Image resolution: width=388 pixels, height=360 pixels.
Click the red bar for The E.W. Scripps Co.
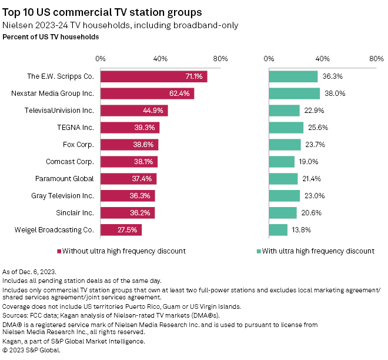pyautogui.click(x=153, y=76)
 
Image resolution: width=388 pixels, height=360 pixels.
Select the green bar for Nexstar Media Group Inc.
pyautogui.click(x=294, y=94)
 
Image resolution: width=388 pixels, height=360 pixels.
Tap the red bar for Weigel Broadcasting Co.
pyautogui.click(x=121, y=230)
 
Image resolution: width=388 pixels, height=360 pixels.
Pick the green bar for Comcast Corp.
pyautogui.click(x=282, y=162)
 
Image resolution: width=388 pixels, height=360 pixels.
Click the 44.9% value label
pyautogui.click(x=156, y=111)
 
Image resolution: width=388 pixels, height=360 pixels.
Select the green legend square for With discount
pyautogui.click(x=259, y=251)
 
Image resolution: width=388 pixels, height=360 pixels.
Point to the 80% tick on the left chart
pyautogui.click(x=220, y=59)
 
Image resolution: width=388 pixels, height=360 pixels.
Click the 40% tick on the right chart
pyautogui.click(x=322, y=59)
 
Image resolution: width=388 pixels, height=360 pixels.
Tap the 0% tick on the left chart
pyautogui.click(x=101, y=59)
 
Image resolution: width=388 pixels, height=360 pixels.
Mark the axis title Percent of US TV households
pyautogui.click(x=51, y=37)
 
